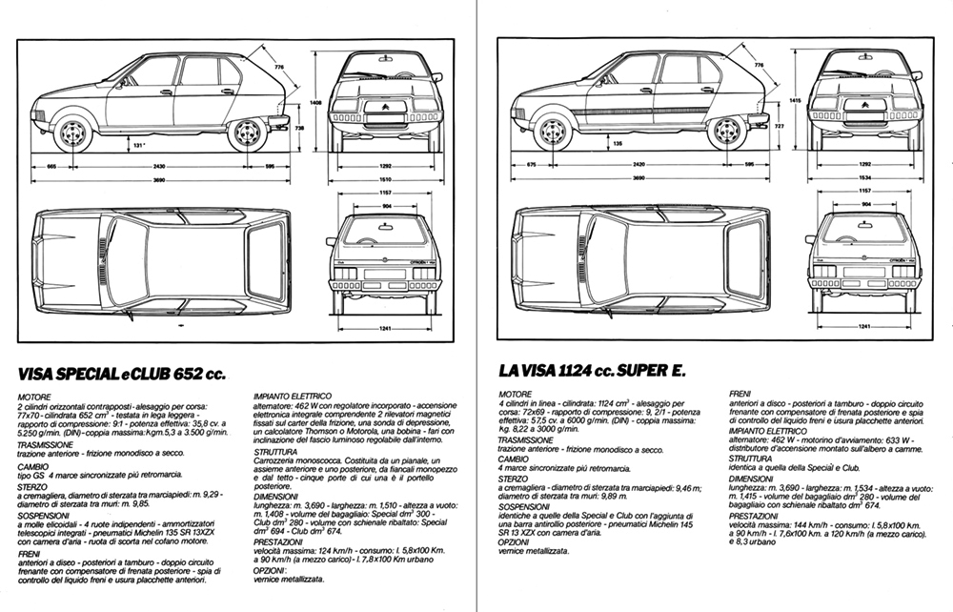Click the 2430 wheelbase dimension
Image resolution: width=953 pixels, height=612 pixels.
(x=158, y=165)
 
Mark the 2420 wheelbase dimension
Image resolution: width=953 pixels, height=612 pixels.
(x=636, y=165)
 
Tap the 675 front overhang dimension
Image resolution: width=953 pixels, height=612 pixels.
(x=531, y=165)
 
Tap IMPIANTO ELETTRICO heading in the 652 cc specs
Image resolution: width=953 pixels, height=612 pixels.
(x=292, y=394)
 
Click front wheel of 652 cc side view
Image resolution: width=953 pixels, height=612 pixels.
(x=71, y=133)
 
